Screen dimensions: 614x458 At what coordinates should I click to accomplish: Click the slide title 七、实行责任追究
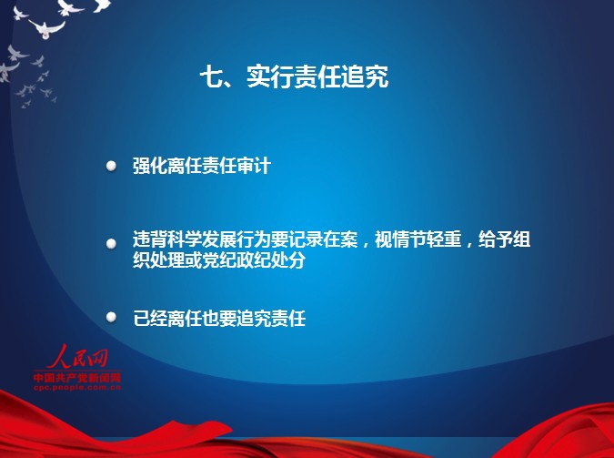pos(294,76)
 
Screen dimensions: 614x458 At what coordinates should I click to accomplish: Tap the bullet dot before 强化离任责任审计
pos(111,166)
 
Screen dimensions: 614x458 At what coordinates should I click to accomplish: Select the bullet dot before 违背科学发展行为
pos(111,243)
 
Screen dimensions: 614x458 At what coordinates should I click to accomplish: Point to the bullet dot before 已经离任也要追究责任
pos(111,317)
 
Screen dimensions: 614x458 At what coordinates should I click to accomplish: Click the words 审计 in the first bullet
pos(254,166)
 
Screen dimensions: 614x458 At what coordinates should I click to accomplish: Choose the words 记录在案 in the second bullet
pos(323,239)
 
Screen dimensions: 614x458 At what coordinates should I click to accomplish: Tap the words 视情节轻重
pos(418,239)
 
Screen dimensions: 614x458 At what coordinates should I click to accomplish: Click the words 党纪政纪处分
pos(254,260)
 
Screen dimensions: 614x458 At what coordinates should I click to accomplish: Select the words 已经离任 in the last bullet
pos(167,318)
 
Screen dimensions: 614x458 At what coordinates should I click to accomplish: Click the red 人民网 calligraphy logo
pos(77,357)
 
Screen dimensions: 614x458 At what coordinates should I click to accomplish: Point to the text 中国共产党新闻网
pos(77,378)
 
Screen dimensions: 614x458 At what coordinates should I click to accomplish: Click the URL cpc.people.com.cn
pos(77,387)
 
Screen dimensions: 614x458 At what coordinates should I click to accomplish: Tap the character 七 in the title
pos(211,76)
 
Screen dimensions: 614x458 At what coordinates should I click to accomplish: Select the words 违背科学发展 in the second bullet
pos(185,239)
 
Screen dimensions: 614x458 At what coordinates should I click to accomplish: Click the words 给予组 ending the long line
pos(504,239)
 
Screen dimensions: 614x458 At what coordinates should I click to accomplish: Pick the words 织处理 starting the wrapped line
pos(158,260)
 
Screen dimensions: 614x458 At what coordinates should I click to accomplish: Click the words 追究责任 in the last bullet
pos(271,318)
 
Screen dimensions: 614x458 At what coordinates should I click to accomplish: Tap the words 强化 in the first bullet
pos(150,166)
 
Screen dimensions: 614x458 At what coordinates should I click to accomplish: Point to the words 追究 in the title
pos(365,76)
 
